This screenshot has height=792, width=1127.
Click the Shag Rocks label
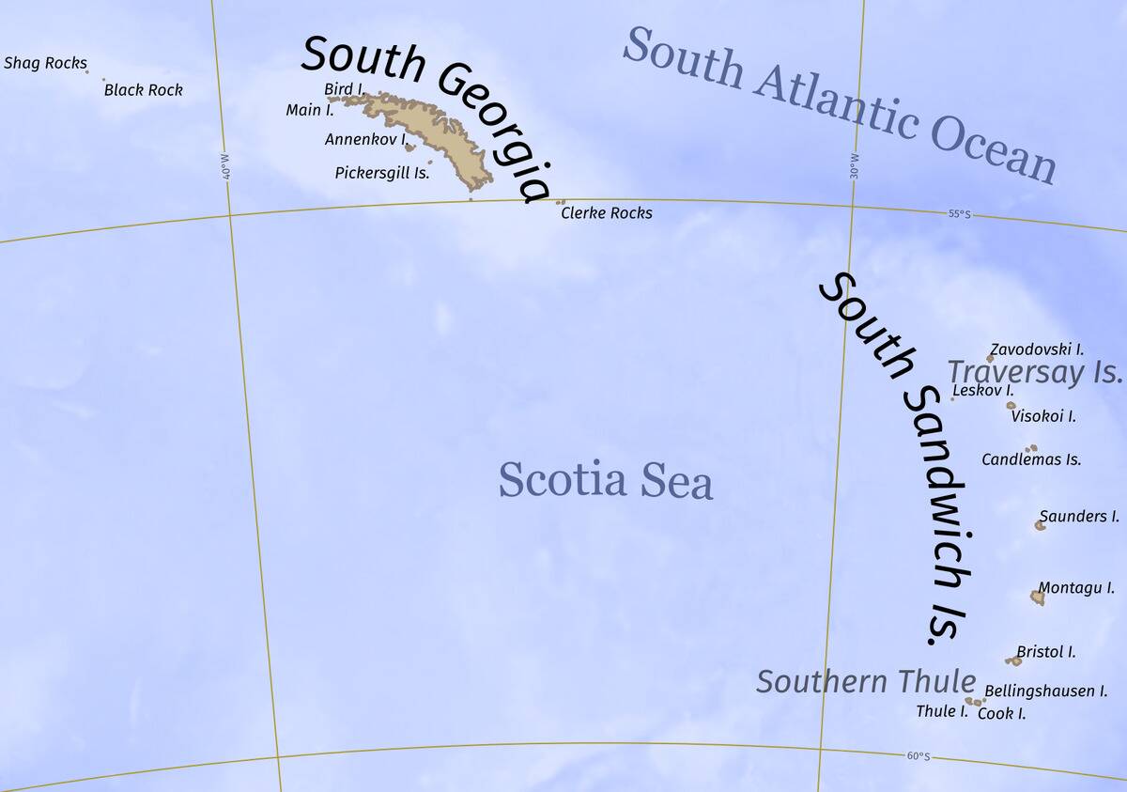pyautogui.click(x=45, y=64)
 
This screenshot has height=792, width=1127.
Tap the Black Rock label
pyautogui.click(x=143, y=90)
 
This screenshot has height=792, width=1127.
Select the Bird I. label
pyautogui.click(x=345, y=88)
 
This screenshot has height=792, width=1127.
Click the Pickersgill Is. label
pyautogui.click(x=382, y=173)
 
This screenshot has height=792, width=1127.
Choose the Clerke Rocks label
pyautogui.click(x=606, y=213)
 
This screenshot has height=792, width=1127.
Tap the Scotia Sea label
pyautogui.click(x=605, y=480)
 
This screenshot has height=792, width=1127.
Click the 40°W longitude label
pyautogui.click(x=224, y=168)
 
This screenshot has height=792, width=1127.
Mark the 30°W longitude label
pyautogui.click(x=854, y=167)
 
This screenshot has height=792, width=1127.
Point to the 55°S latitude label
pyautogui.click(x=959, y=214)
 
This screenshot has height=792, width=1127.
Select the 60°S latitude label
pyautogui.click(x=918, y=756)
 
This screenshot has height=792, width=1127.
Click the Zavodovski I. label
pyautogui.click(x=1038, y=349)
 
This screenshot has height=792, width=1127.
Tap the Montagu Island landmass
pyautogui.click(x=1037, y=597)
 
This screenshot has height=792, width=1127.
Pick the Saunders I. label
pyautogui.click(x=1079, y=516)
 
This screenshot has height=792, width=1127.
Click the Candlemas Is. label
pyautogui.click(x=1031, y=459)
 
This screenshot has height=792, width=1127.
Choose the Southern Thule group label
pyautogui.click(x=865, y=681)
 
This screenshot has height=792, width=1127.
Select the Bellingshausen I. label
pyautogui.click(x=1040, y=691)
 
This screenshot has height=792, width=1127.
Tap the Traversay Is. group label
pyautogui.click(x=1034, y=372)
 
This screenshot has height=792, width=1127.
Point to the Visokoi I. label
pyautogui.click(x=1043, y=416)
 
